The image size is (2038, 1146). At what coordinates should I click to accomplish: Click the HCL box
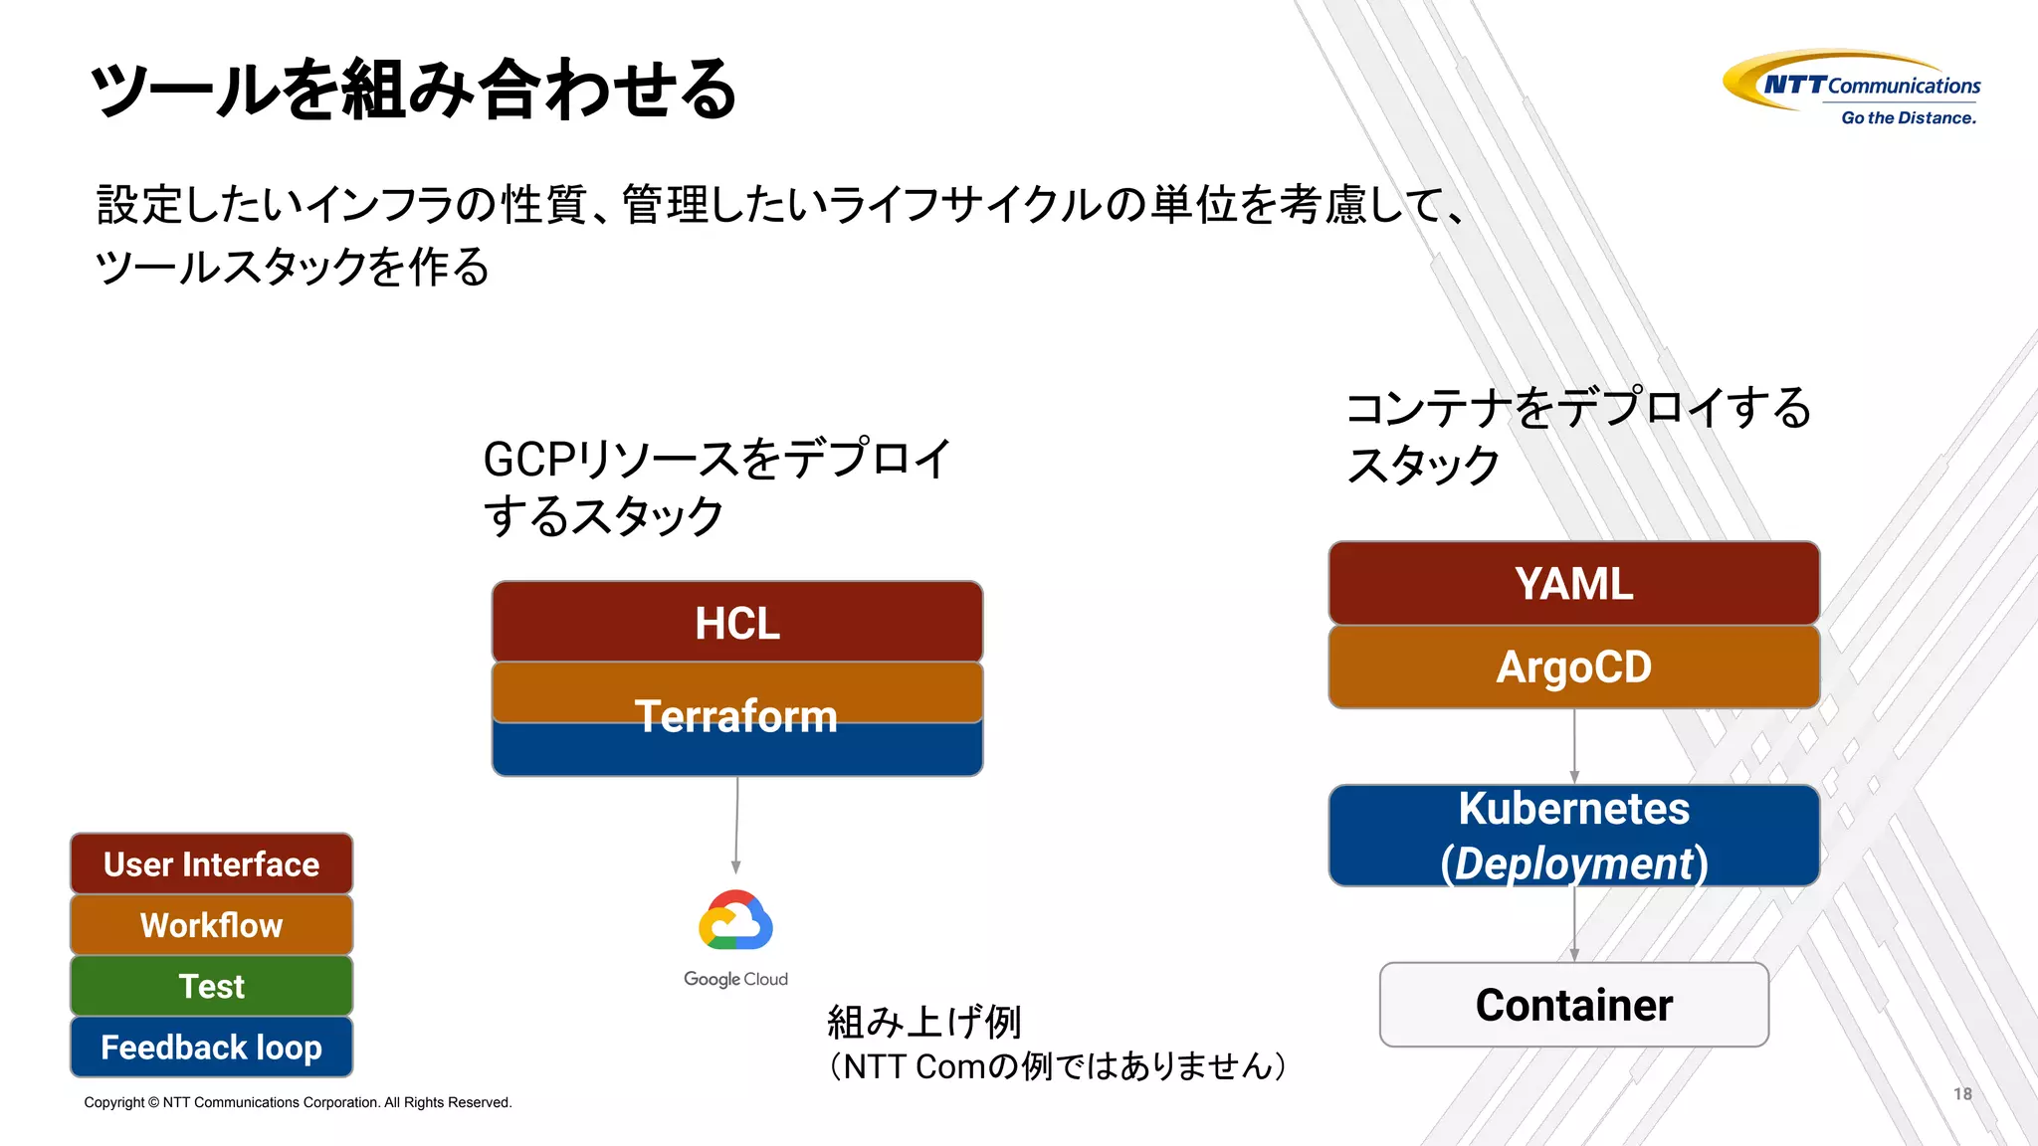pos(737,623)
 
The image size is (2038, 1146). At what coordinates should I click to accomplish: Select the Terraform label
pos(736,716)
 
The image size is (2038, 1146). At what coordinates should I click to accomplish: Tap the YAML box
pos(1573,584)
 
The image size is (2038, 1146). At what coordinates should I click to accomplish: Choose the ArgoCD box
pos(1573,667)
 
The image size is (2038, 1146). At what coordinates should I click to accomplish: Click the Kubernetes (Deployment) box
pos(1573,836)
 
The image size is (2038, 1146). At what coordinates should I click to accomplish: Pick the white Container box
pos(1573,1005)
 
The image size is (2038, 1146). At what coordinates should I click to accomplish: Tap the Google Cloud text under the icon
pos(735,979)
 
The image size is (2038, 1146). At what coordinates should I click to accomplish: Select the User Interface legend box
pos(211,863)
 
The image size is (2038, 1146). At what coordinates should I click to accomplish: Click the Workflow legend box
pos(211,925)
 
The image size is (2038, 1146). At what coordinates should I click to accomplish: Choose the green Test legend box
pos(211,986)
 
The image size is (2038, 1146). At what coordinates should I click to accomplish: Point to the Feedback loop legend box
pos(211,1047)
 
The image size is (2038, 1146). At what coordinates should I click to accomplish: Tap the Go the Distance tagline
pos(1908,117)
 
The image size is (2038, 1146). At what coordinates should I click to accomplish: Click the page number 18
pos(1962,1093)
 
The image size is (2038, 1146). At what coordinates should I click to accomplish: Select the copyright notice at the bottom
pos(298,1102)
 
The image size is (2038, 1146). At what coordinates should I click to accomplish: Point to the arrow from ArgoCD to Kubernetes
pos(1574,746)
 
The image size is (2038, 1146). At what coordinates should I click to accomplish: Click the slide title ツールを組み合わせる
pos(413,90)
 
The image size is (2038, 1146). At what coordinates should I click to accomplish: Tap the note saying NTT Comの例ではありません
pos(1057,1066)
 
